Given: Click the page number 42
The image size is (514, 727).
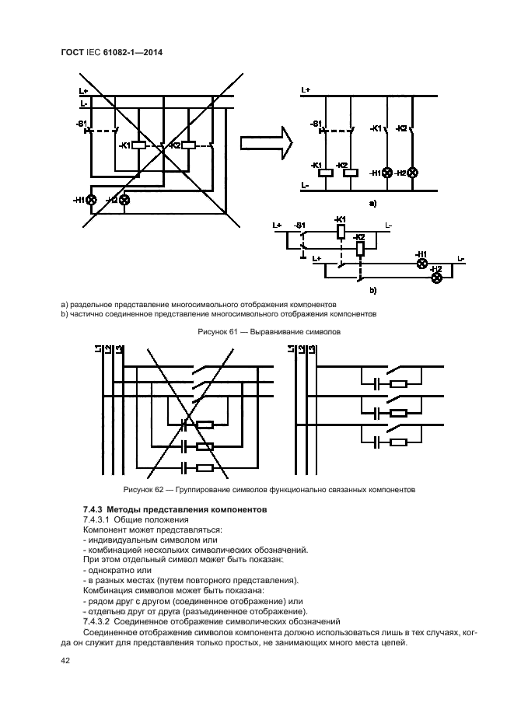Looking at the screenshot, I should [x=65, y=661].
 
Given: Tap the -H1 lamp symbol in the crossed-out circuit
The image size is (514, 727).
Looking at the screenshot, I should [x=92, y=200].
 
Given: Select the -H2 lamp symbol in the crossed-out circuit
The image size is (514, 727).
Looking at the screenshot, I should [x=124, y=200].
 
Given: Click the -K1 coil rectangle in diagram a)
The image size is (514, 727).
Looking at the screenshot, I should [x=326, y=173].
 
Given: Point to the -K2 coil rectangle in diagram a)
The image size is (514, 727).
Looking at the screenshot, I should [x=350, y=173].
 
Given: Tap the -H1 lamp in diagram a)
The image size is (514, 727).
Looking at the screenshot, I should [x=386, y=173].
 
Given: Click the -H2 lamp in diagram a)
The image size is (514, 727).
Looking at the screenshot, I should [x=412, y=173].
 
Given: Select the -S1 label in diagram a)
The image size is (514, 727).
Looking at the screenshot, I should [x=315, y=124].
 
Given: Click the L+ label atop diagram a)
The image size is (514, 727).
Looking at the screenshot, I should [x=305, y=90].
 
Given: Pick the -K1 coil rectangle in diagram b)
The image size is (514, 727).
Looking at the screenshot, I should [x=340, y=231].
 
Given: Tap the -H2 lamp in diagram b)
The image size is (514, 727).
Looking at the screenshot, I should [x=437, y=278].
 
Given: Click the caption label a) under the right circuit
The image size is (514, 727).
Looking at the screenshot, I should [x=372, y=204].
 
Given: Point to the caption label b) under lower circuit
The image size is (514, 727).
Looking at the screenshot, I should [x=372, y=291].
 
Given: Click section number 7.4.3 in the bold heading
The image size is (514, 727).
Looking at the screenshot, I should [x=94, y=509].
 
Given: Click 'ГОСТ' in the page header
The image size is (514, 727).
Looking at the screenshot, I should [x=72, y=53].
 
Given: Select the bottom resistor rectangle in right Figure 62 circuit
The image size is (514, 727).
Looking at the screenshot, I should [x=398, y=442].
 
